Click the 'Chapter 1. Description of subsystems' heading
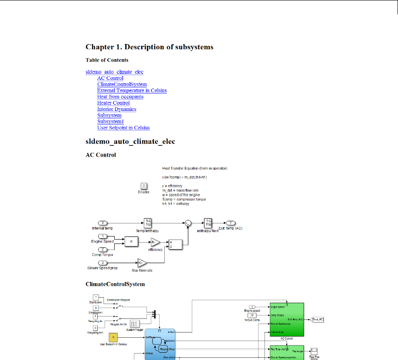(x=149, y=47)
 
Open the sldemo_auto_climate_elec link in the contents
(x=114, y=72)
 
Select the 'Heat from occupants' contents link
(x=120, y=97)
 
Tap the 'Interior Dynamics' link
(x=116, y=109)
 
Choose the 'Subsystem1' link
(x=110, y=121)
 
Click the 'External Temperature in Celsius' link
(x=132, y=90)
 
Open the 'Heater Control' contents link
(x=113, y=103)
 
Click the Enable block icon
(x=143, y=186)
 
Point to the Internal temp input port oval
(x=103, y=223)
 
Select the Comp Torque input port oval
(x=103, y=249)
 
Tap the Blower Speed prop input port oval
(x=103, y=263)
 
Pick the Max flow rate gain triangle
(x=142, y=263)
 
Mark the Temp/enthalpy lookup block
(x=147, y=223)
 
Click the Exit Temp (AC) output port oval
(x=230, y=223)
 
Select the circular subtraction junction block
(x=188, y=223)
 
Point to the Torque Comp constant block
(x=251, y=315)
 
